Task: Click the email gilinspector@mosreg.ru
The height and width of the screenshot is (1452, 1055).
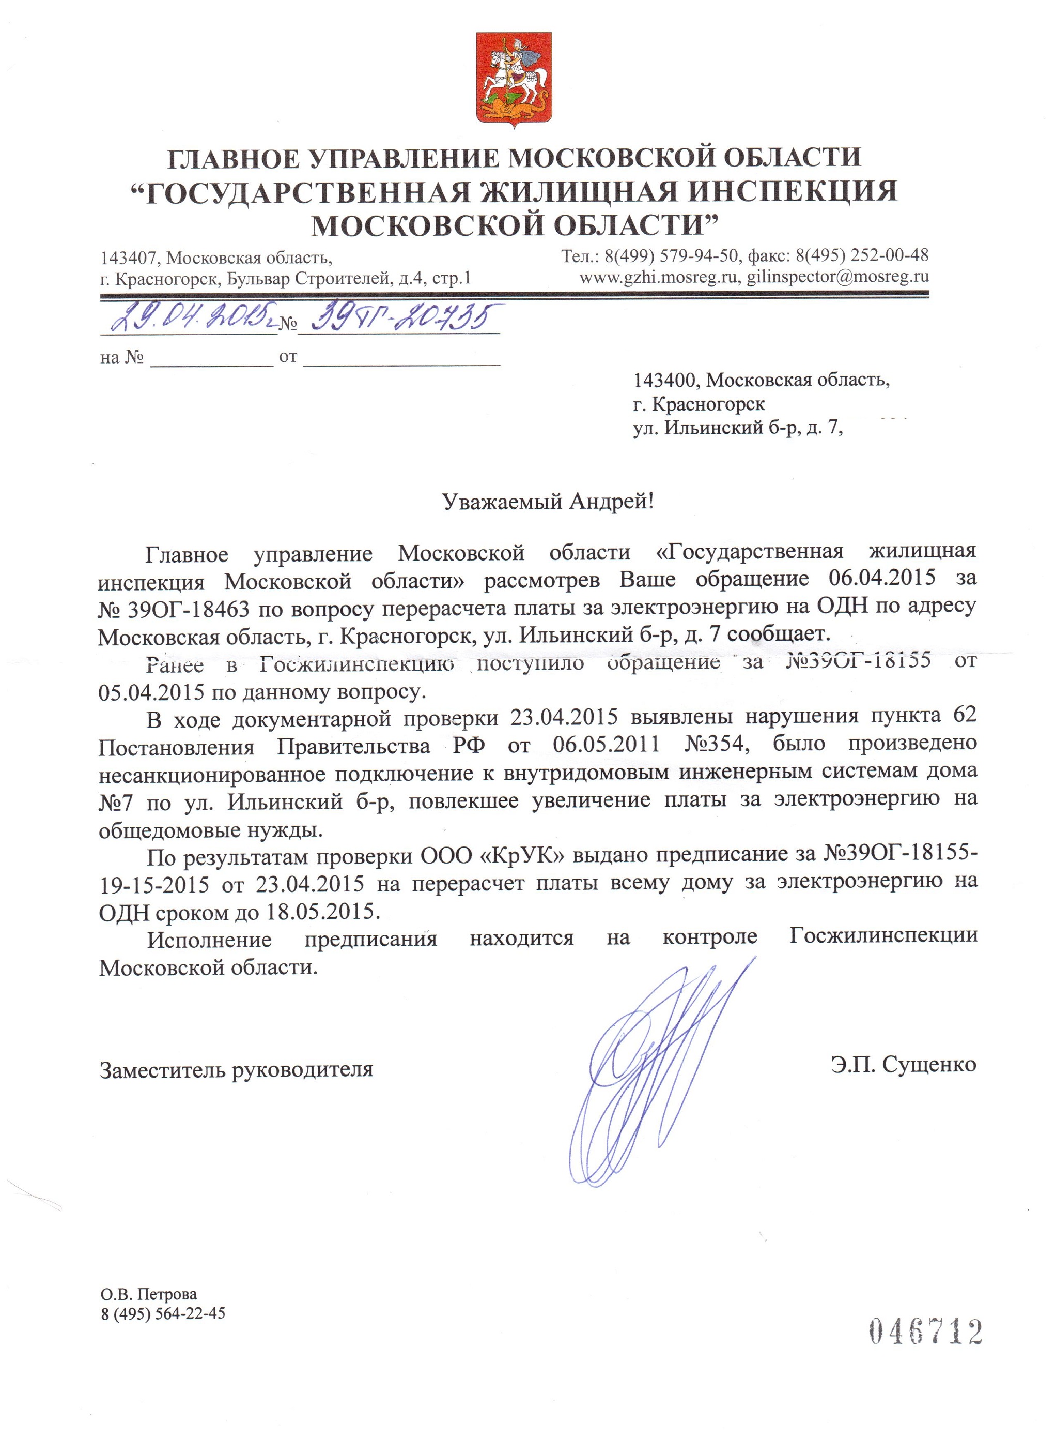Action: click(x=837, y=277)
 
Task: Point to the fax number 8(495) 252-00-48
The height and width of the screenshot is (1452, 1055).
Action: click(x=862, y=255)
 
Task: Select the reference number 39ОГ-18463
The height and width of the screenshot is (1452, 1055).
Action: click(x=190, y=608)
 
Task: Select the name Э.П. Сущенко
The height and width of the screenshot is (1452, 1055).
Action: click(x=904, y=1065)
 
